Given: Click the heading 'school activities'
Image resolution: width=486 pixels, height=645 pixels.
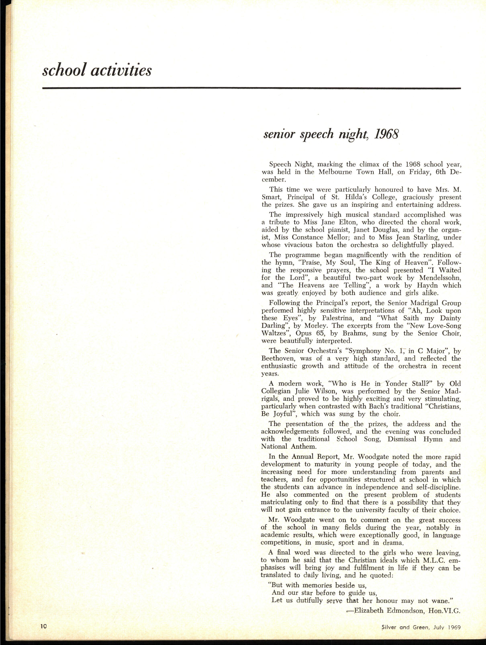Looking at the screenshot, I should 97,70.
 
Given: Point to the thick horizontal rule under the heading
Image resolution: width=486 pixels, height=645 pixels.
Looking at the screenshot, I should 251,88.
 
